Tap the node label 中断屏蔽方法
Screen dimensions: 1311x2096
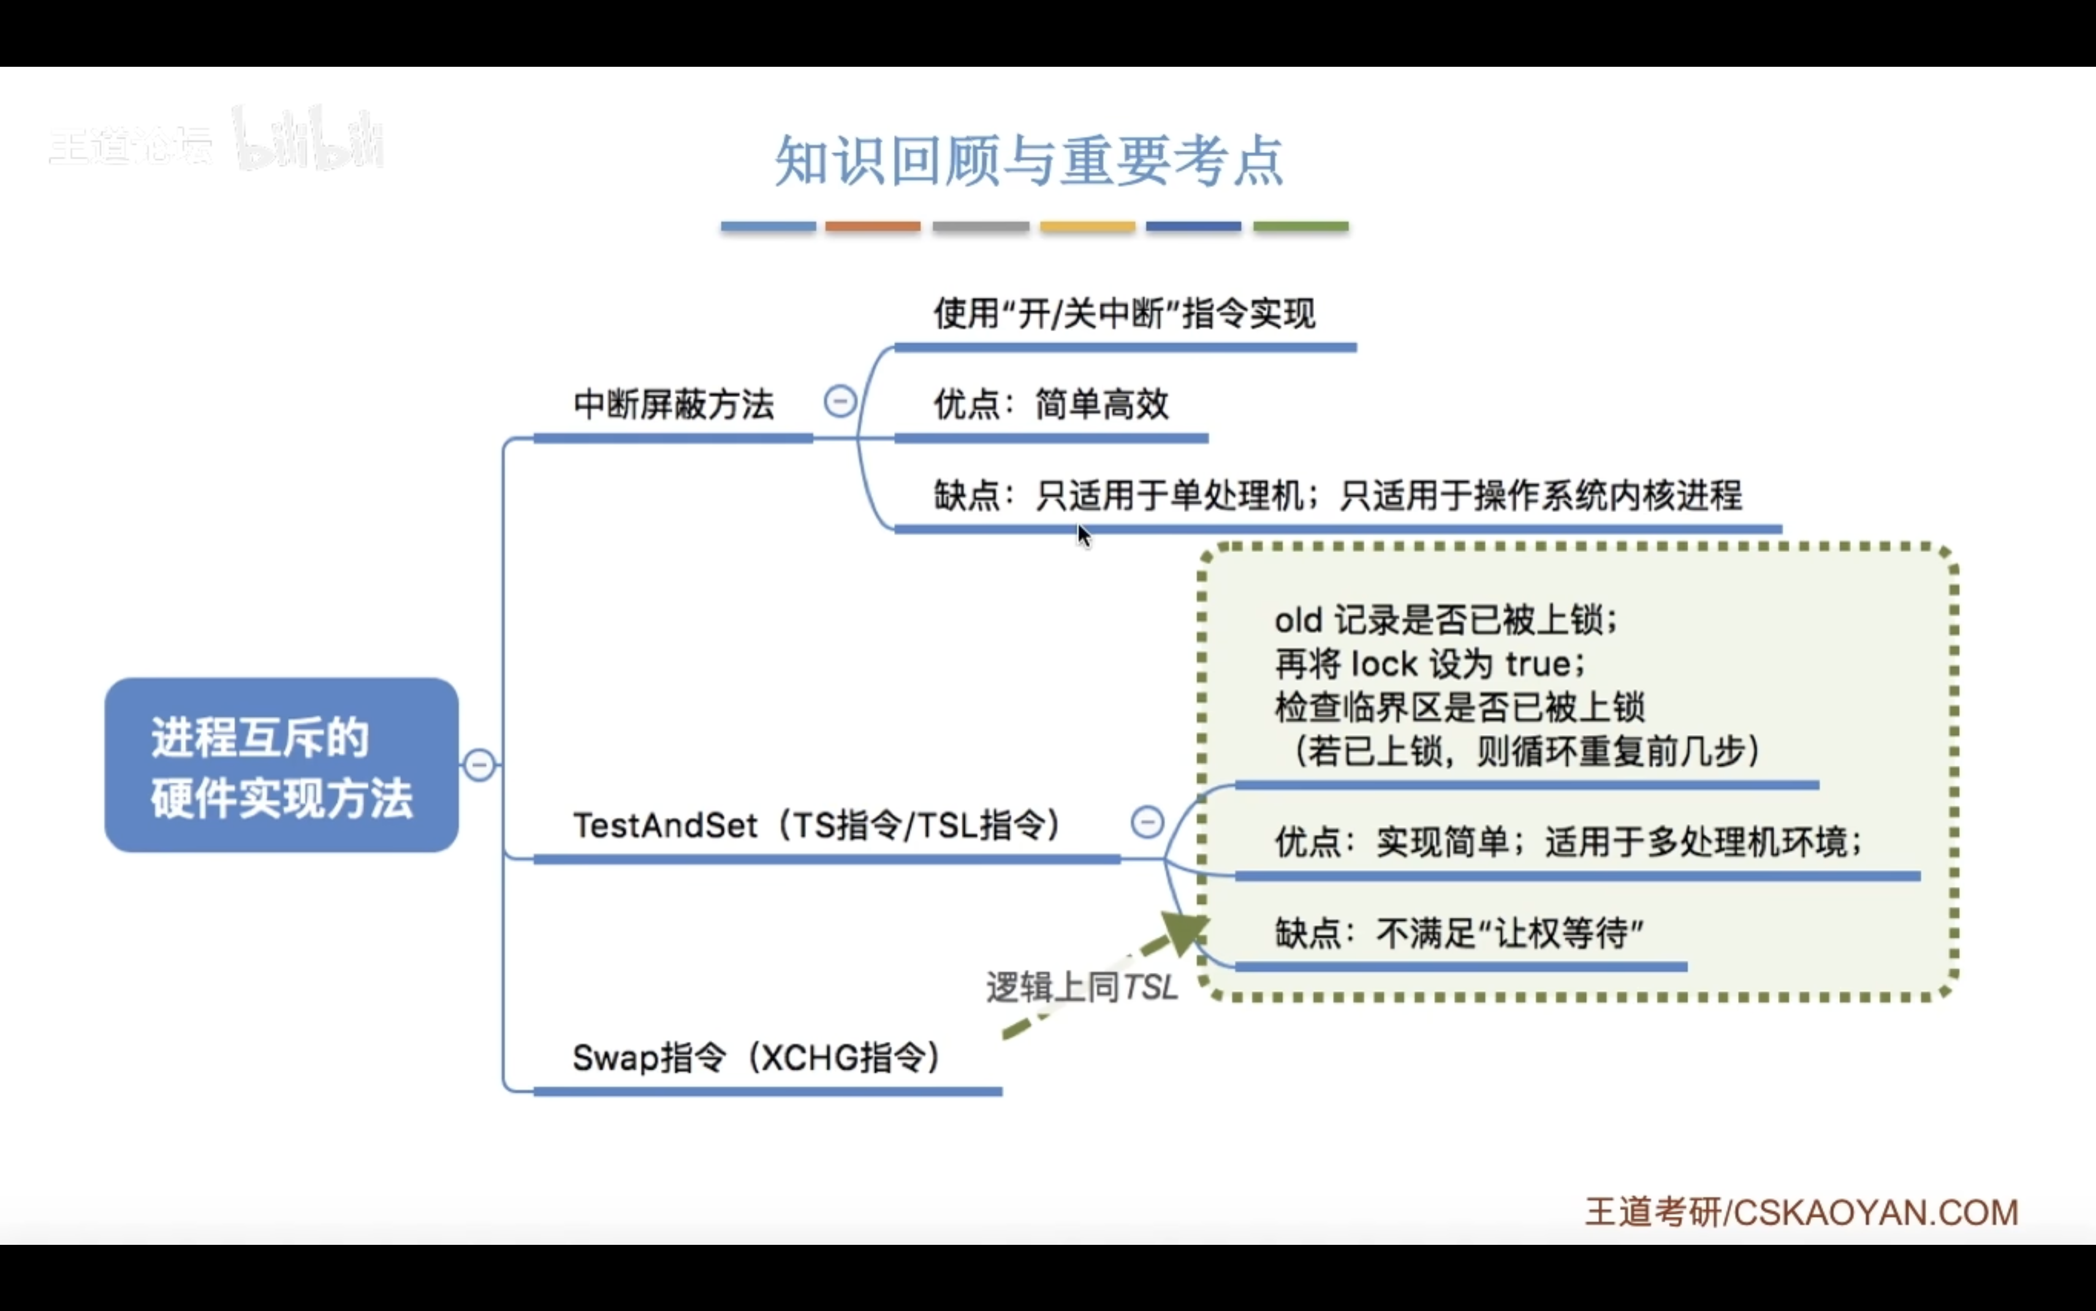point(673,405)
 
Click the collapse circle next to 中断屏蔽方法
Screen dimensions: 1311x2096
point(840,401)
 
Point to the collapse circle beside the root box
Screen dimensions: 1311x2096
point(479,765)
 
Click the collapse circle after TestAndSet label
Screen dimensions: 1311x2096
point(1147,822)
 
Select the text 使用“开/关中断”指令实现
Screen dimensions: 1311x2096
point(1124,314)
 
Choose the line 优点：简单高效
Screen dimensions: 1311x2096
point(1051,405)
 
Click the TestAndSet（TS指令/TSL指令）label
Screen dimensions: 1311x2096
point(817,825)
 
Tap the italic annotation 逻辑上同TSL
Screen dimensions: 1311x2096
point(1081,988)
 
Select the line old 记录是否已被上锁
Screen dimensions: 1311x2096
point(1446,621)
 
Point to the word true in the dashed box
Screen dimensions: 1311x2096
point(1538,664)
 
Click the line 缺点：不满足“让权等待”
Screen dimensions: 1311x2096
point(1459,934)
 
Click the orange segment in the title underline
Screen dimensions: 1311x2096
point(872,226)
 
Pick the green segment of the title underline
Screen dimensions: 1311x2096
point(1300,226)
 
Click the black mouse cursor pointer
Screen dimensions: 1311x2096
point(1083,535)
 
